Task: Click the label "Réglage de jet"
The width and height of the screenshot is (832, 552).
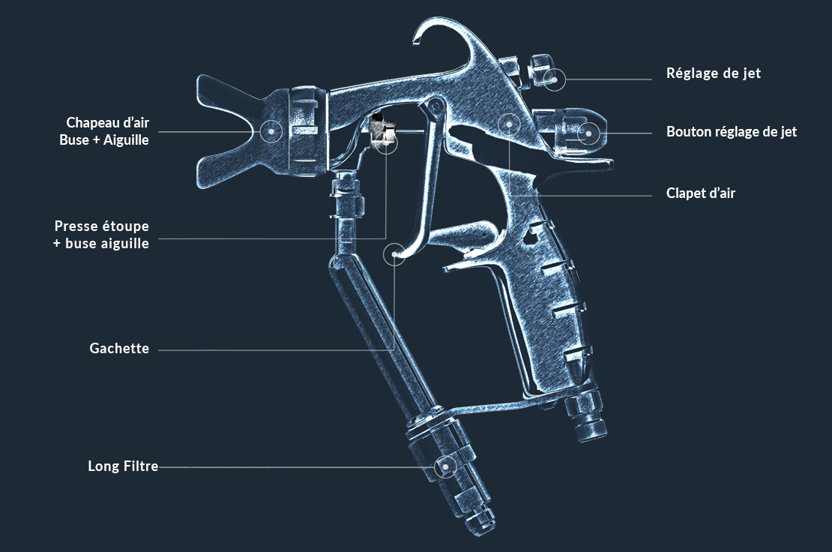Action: (713, 73)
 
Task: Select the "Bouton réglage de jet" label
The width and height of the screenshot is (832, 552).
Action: (732, 132)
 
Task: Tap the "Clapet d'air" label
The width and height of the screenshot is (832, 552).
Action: (700, 193)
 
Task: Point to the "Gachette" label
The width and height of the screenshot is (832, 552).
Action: (119, 348)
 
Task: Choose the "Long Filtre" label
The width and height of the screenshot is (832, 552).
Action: (123, 466)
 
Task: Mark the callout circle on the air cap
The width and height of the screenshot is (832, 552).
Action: (271, 130)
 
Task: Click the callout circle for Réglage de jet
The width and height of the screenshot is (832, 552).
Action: (555, 79)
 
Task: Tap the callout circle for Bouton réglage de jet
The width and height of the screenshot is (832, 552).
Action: (588, 133)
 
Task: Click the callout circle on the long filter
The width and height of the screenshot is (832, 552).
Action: (445, 467)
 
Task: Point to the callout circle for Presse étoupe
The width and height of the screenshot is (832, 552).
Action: (387, 142)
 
